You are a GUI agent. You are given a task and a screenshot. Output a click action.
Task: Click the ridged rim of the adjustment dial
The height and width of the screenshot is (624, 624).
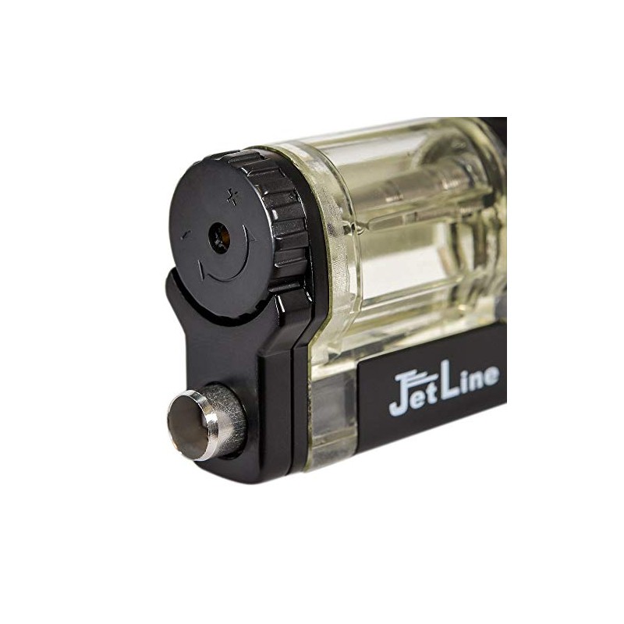click(280, 226)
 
